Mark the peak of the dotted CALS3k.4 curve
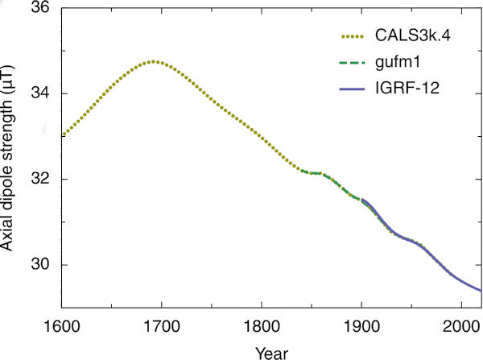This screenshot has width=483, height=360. click(153, 61)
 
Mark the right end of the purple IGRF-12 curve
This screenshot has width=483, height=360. click(481, 290)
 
